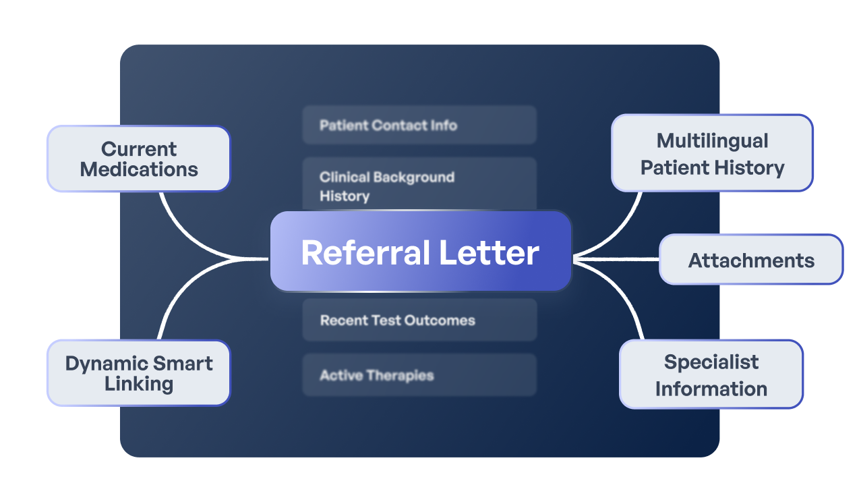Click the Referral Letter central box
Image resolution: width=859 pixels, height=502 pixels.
pyautogui.click(x=421, y=252)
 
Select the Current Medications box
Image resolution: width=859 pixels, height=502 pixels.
pyautogui.click(x=138, y=159)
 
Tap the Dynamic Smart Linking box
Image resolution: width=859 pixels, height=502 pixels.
pyautogui.click(x=138, y=373)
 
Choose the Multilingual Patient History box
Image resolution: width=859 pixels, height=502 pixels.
pyautogui.click(x=712, y=153)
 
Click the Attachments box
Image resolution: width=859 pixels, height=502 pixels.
pyautogui.click(x=750, y=260)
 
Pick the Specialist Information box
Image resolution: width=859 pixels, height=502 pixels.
pyautogui.click(x=711, y=374)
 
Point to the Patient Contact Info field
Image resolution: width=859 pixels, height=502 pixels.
pyautogui.click(x=419, y=125)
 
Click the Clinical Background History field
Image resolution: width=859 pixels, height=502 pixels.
pyautogui.click(x=419, y=186)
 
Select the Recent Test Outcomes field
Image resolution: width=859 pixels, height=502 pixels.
pyautogui.click(x=419, y=320)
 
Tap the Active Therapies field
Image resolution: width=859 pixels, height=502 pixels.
pyautogui.click(x=419, y=375)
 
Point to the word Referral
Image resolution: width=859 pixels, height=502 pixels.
pyautogui.click(x=365, y=253)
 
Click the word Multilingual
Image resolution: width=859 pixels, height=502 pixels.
pyautogui.click(x=712, y=140)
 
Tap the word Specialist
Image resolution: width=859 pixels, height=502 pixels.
pyautogui.click(x=711, y=362)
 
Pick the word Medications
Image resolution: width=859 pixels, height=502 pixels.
pyautogui.click(x=139, y=169)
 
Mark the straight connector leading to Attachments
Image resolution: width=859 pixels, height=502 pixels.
pyautogui.click(x=617, y=258)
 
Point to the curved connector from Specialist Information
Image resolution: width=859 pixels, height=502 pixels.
pyautogui.click(x=624, y=297)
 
